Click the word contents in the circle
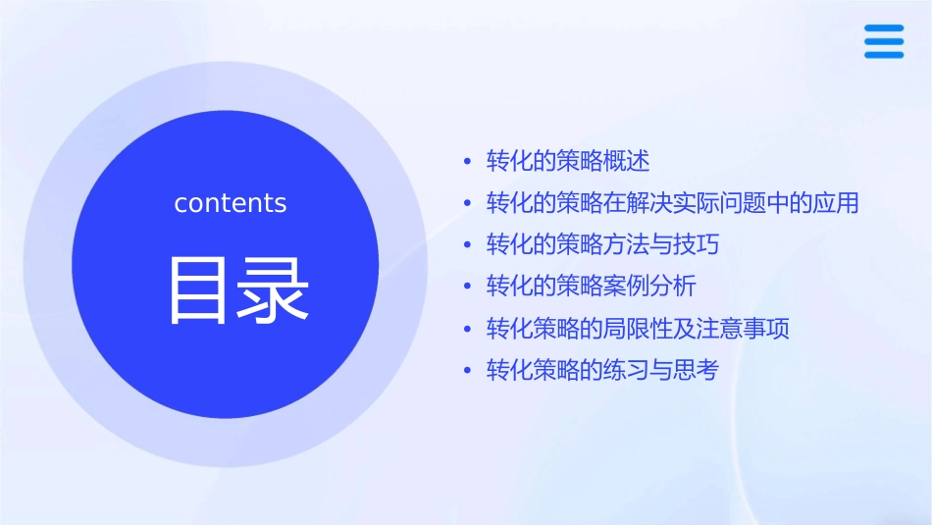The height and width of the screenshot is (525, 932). pyautogui.click(x=231, y=203)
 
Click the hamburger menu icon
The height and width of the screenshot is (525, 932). pyautogui.click(x=884, y=42)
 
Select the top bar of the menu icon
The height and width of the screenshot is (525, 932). pyautogui.click(x=884, y=28)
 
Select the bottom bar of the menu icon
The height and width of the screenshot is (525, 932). pyautogui.click(x=884, y=55)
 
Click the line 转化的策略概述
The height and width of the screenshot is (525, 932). pyautogui.click(x=568, y=161)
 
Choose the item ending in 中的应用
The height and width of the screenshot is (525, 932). pyautogui.click(x=672, y=203)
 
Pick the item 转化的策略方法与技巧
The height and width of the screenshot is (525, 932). pyautogui.click(x=602, y=244)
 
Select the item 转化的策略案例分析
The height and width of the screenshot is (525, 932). pyautogui.click(x=591, y=287)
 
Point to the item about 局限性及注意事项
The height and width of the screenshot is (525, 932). pyautogui.click(x=638, y=329)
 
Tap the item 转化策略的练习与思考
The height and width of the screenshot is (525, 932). pyautogui.click(x=602, y=370)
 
